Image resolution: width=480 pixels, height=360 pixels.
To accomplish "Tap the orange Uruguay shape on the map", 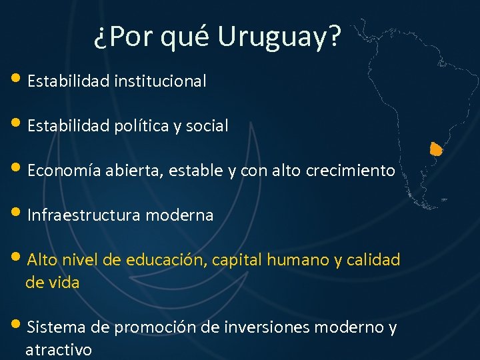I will pos(436,148).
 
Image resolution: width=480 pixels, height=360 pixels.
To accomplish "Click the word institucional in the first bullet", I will pos(160,81).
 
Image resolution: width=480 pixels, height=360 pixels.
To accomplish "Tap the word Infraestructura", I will pos(84,215).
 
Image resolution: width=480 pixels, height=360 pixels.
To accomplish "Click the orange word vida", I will pos(63,283).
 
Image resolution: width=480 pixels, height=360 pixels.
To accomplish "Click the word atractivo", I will pos(59,350).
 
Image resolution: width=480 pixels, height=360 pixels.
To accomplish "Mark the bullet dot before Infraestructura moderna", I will pos(18,213).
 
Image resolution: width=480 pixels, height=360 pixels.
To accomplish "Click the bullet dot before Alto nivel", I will pos(18,259).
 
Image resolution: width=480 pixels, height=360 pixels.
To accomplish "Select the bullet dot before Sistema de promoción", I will pos(18,326).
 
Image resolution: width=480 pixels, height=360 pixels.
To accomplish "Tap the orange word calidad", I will pos(374,260).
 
